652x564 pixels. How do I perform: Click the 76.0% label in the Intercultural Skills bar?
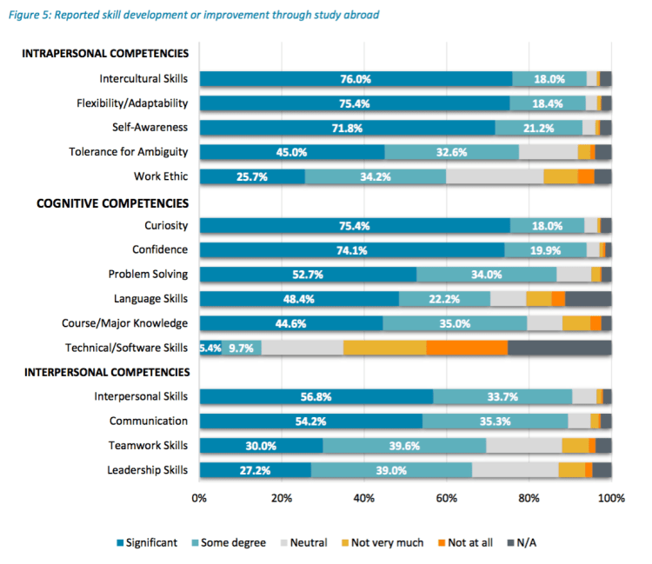[x=356, y=79]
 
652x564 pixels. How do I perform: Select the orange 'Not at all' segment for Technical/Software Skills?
[x=467, y=348]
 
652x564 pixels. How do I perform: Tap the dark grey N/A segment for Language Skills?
[x=589, y=299]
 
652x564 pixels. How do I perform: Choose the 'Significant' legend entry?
[x=147, y=543]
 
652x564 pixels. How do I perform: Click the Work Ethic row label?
[x=161, y=176]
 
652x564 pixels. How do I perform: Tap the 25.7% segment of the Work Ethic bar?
[x=252, y=176]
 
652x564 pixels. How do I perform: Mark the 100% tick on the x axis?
[x=611, y=499]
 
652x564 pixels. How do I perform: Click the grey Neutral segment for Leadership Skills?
[x=515, y=470]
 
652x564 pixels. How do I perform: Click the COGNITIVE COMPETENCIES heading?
[x=112, y=203]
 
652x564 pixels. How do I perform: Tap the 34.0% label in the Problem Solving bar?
[x=486, y=275]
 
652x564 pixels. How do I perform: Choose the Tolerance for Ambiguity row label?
[x=129, y=152]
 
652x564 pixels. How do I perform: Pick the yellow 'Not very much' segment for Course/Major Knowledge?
[x=575, y=323]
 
